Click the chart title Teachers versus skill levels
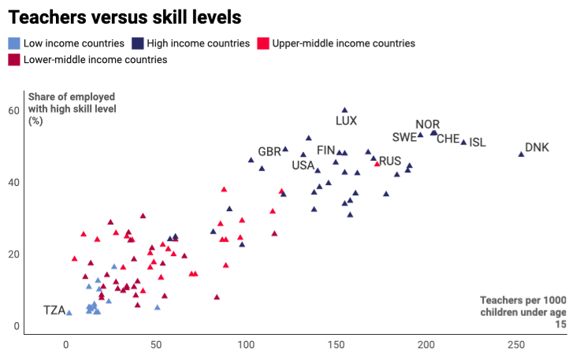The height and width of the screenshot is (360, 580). coord(125,17)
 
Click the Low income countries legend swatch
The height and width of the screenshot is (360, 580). coord(13,43)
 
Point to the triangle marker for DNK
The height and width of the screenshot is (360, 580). coord(521,154)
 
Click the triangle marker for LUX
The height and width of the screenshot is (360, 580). coord(344,110)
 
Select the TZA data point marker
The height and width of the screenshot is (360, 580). coord(69,313)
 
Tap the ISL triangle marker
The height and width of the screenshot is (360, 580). coord(464,143)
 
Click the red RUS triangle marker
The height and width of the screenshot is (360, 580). coord(377,164)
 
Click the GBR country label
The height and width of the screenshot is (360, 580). coord(270,152)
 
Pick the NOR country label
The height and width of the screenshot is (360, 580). coord(428,124)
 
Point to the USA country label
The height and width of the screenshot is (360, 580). coord(303,165)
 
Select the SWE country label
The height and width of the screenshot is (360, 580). coord(404,137)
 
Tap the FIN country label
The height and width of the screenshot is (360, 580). coord(326,150)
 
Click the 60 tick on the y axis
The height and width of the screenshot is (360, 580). coord(14,110)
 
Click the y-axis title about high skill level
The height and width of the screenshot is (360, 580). coord(72,109)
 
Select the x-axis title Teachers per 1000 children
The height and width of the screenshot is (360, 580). coord(523,311)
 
